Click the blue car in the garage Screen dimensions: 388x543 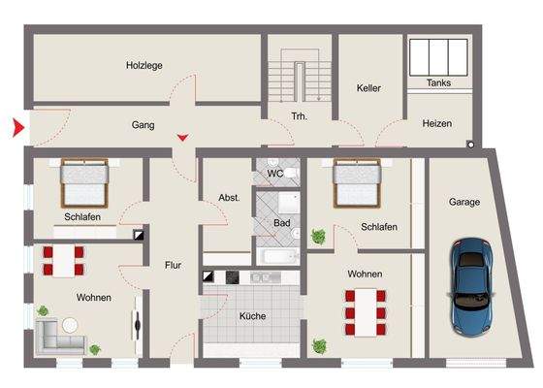coord(472,288)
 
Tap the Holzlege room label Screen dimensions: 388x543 coord(144,66)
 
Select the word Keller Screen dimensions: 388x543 coord(367,87)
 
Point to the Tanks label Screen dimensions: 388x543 coord(438,83)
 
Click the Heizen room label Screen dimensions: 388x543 coord(437,124)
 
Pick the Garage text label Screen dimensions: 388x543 coord(463,203)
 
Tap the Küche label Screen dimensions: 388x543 coord(253,316)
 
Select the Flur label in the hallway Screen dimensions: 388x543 coord(173,263)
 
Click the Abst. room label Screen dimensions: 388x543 coord(229,197)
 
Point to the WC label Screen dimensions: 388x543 coord(274,175)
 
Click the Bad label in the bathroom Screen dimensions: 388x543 coord(282,222)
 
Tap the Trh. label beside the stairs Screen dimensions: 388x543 coord(299,117)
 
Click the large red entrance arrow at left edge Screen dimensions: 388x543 coord(16,127)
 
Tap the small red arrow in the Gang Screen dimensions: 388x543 coord(182,137)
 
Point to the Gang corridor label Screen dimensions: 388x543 coord(144,125)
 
